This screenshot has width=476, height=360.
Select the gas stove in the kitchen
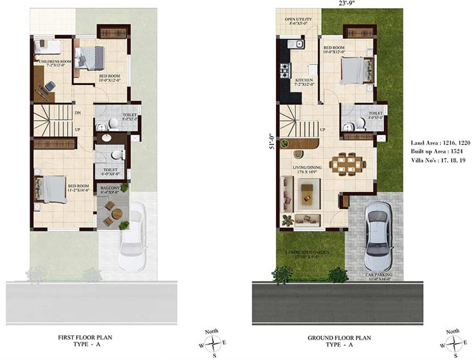(x=285, y=71)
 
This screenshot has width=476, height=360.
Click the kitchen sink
(x=299, y=45)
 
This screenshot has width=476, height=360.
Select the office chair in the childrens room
(x=49, y=86)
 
